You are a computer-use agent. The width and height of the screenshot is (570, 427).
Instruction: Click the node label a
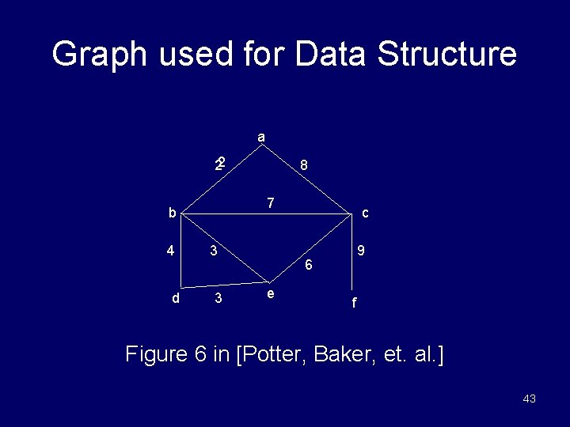(x=261, y=138)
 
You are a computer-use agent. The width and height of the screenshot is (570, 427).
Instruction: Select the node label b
(x=171, y=213)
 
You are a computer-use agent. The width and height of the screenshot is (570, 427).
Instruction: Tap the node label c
(x=365, y=213)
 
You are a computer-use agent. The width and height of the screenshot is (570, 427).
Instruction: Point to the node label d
(x=176, y=298)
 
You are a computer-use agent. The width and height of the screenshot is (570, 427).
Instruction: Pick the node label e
(x=271, y=294)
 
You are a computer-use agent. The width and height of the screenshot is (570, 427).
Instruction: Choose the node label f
(x=354, y=302)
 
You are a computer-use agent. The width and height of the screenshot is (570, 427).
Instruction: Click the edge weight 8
(x=303, y=166)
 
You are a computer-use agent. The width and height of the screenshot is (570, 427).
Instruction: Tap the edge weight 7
(x=270, y=203)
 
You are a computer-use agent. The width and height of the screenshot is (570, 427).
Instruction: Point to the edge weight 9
(x=360, y=251)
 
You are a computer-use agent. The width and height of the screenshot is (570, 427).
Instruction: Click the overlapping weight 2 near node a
(x=221, y=164)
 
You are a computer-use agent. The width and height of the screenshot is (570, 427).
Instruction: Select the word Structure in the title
(x=446, y=55)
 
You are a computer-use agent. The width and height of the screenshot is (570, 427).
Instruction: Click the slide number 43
(x=530, y=399)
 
